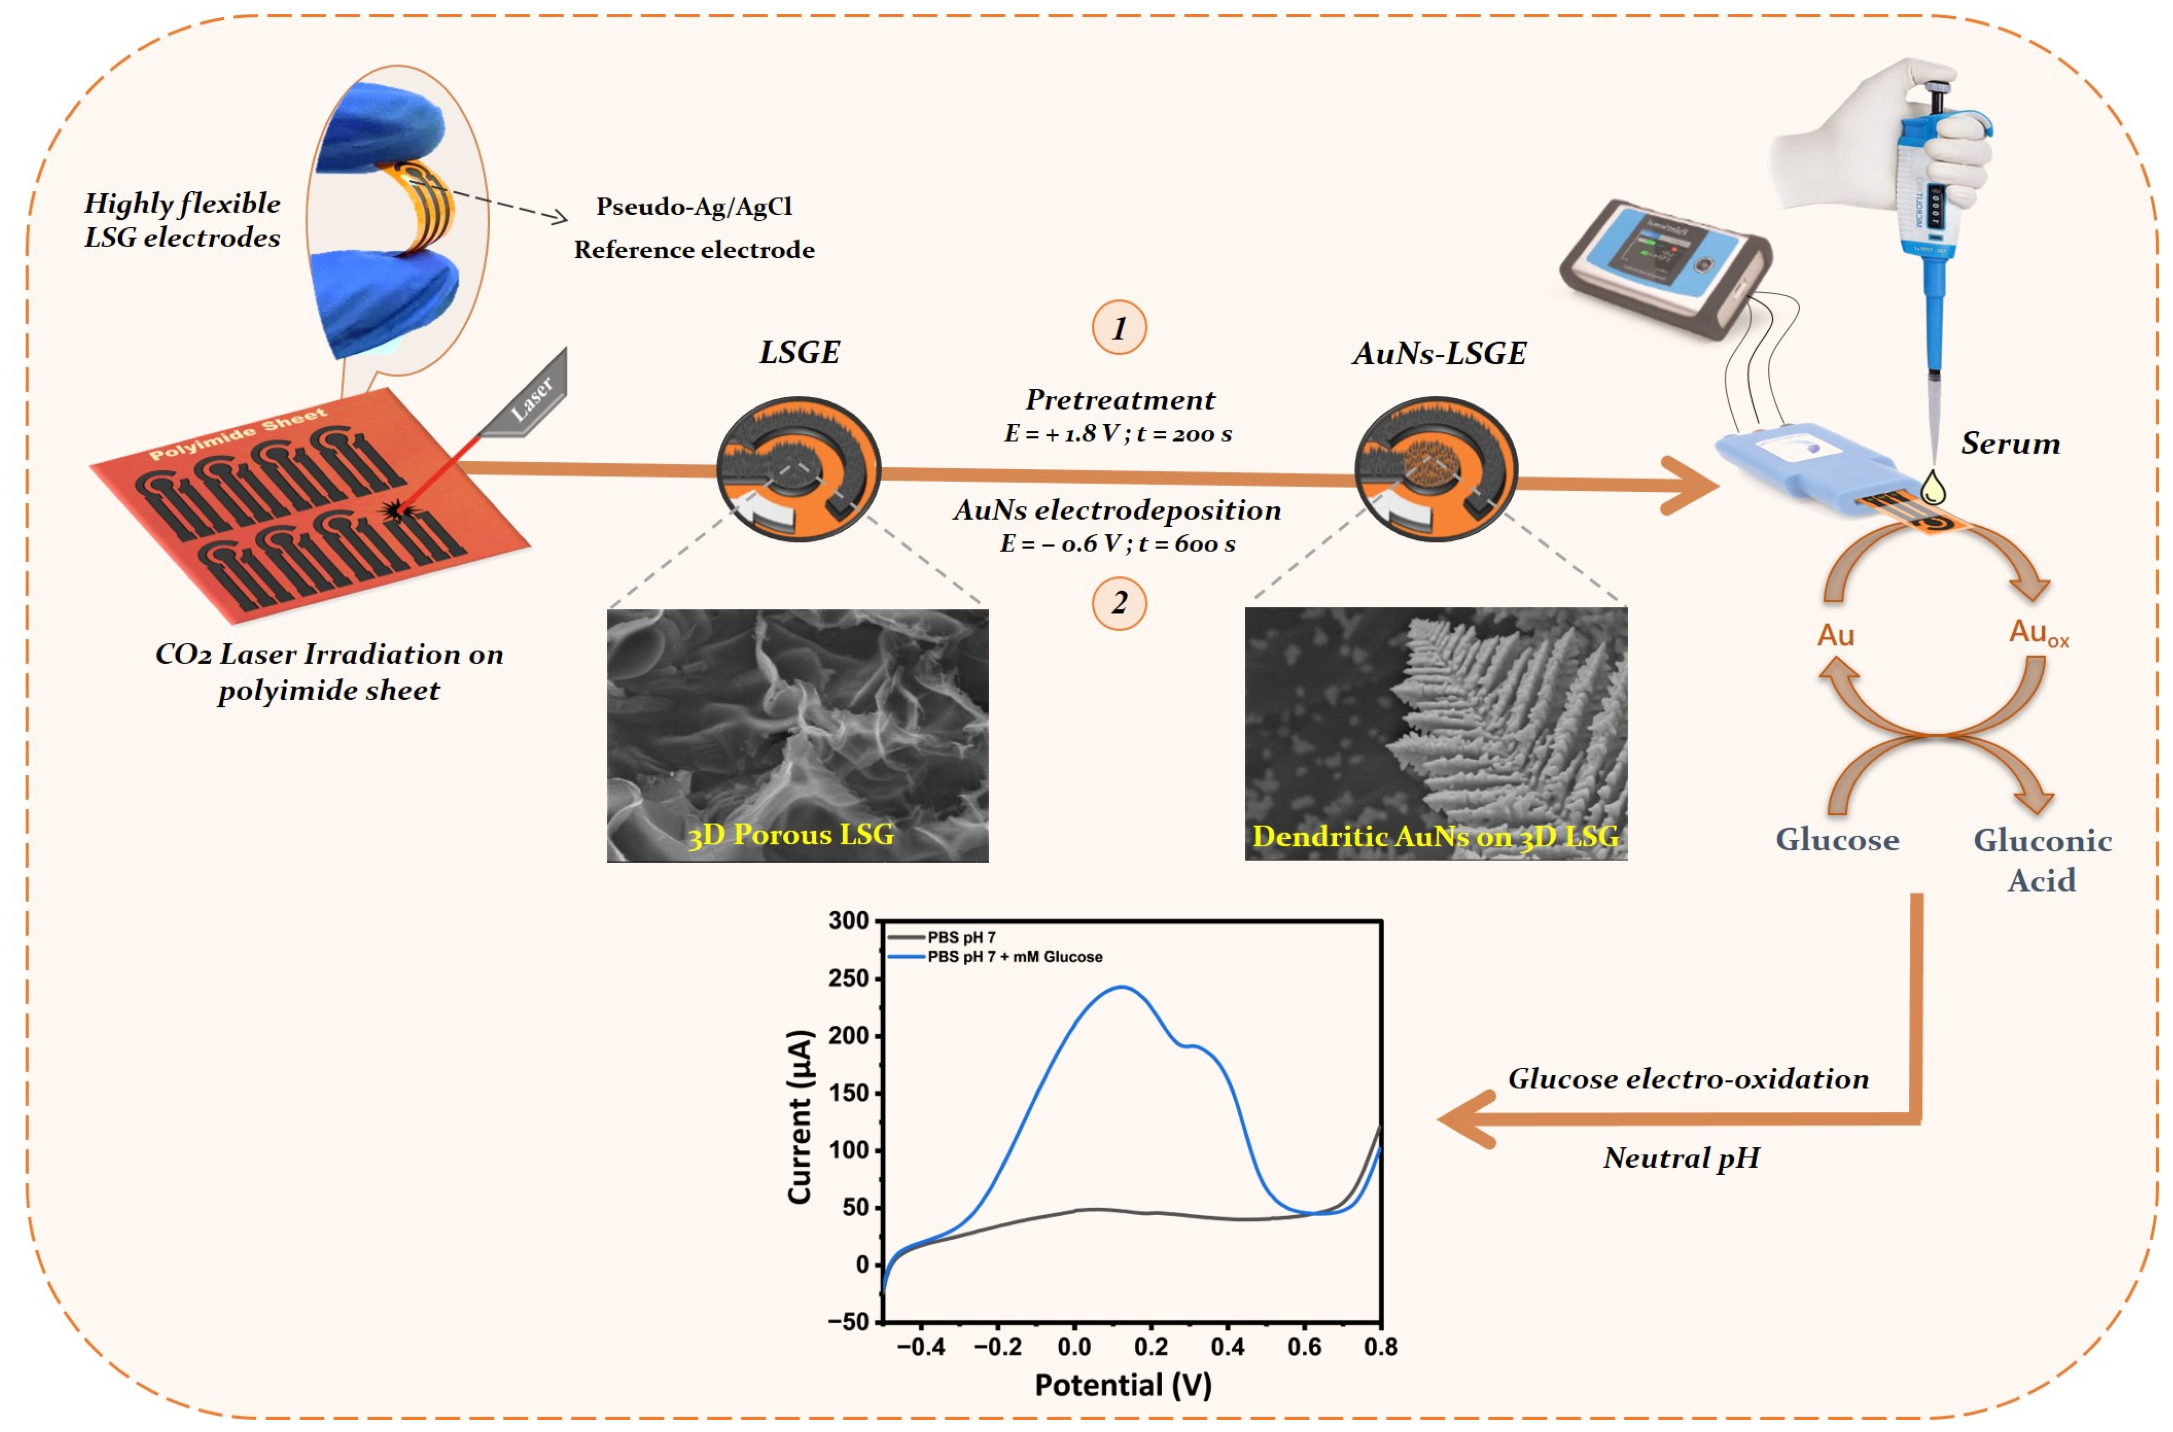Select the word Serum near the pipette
(x=2010, y=444)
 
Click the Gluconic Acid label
(x=2042, y=859)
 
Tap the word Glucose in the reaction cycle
(x=1837, y=839)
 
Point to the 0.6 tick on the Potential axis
(x=1304, y=1346)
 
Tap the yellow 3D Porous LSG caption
(x=791, y=834)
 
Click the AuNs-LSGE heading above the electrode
(x=1439, y=353)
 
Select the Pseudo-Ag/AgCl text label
(x=694, y=207)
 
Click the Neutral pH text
(x=1681, y=1158)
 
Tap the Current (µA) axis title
(x=800, y=1116)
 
